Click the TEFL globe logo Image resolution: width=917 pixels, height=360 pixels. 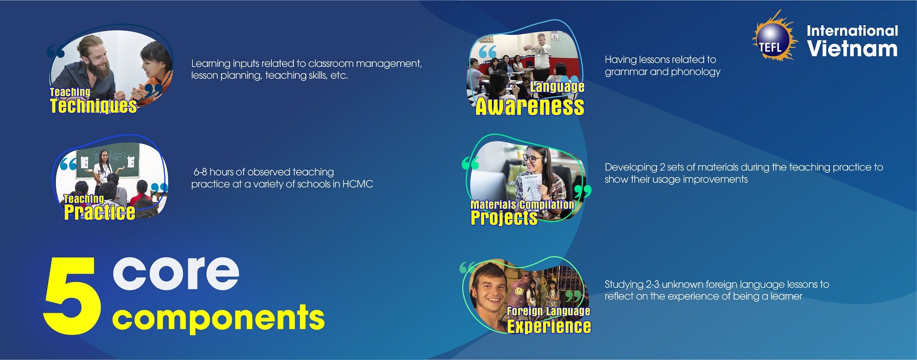(x=774, y=37)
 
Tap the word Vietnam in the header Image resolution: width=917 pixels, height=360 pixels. (x=852, y=49)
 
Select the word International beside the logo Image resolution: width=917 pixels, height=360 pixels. (x=852, y=31)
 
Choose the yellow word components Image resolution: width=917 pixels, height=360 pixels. (x=218, y=318)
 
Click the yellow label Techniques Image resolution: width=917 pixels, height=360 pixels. (x=94, y=105)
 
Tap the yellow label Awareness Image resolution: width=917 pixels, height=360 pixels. (x=530, y=106)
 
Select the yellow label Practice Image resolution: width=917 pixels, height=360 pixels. (x=99, y=212)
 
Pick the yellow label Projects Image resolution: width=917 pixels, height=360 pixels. (x=504, y=217)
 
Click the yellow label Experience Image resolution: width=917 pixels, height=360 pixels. (x=549, y=326)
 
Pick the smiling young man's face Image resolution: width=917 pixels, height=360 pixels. (x=489, y=289)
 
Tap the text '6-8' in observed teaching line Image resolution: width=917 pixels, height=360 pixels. (x=200, y=172)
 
